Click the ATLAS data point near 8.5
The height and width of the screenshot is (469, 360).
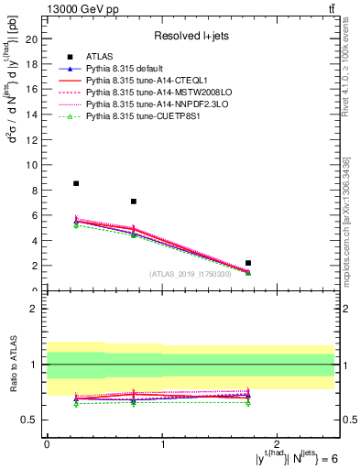(x=76, y=183)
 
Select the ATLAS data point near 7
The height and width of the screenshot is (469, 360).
(x=134, y=202)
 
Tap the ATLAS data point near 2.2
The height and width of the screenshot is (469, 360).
(x=248, y=263)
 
